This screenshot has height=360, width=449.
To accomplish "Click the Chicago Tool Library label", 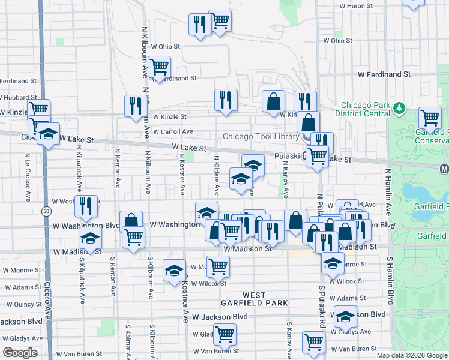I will (261, 136).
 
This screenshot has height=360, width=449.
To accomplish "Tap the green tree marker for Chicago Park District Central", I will (399, 109).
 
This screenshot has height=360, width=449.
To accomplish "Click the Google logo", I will (20, 353).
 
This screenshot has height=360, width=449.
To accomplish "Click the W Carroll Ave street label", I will (173, 131).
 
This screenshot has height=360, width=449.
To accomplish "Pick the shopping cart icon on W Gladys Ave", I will (224, 332).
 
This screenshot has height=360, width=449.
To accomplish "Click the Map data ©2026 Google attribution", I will (412, 355).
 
